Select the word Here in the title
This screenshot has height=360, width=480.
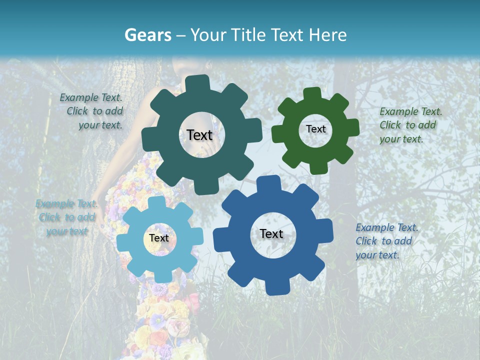pyautogui.click(x=328, y=35)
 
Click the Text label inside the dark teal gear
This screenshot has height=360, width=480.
pyautogui.click(x=199, y=135)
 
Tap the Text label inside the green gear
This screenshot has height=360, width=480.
pyautogui.click(x=315, y=129)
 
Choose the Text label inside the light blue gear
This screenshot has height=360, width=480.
pyautogui.click(x=159, y=238)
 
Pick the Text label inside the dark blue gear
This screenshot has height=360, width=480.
pyautogui.click(x=271, y=233)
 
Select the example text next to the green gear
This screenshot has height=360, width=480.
pyautogui.click(x=410, y=125)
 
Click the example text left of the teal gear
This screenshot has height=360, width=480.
pyautogui.click(x=93, y=111)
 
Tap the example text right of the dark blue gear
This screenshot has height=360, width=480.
pyautogui.click(x=386, y=241)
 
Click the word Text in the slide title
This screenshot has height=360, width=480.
pyautogui.click(x=290, y=35)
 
